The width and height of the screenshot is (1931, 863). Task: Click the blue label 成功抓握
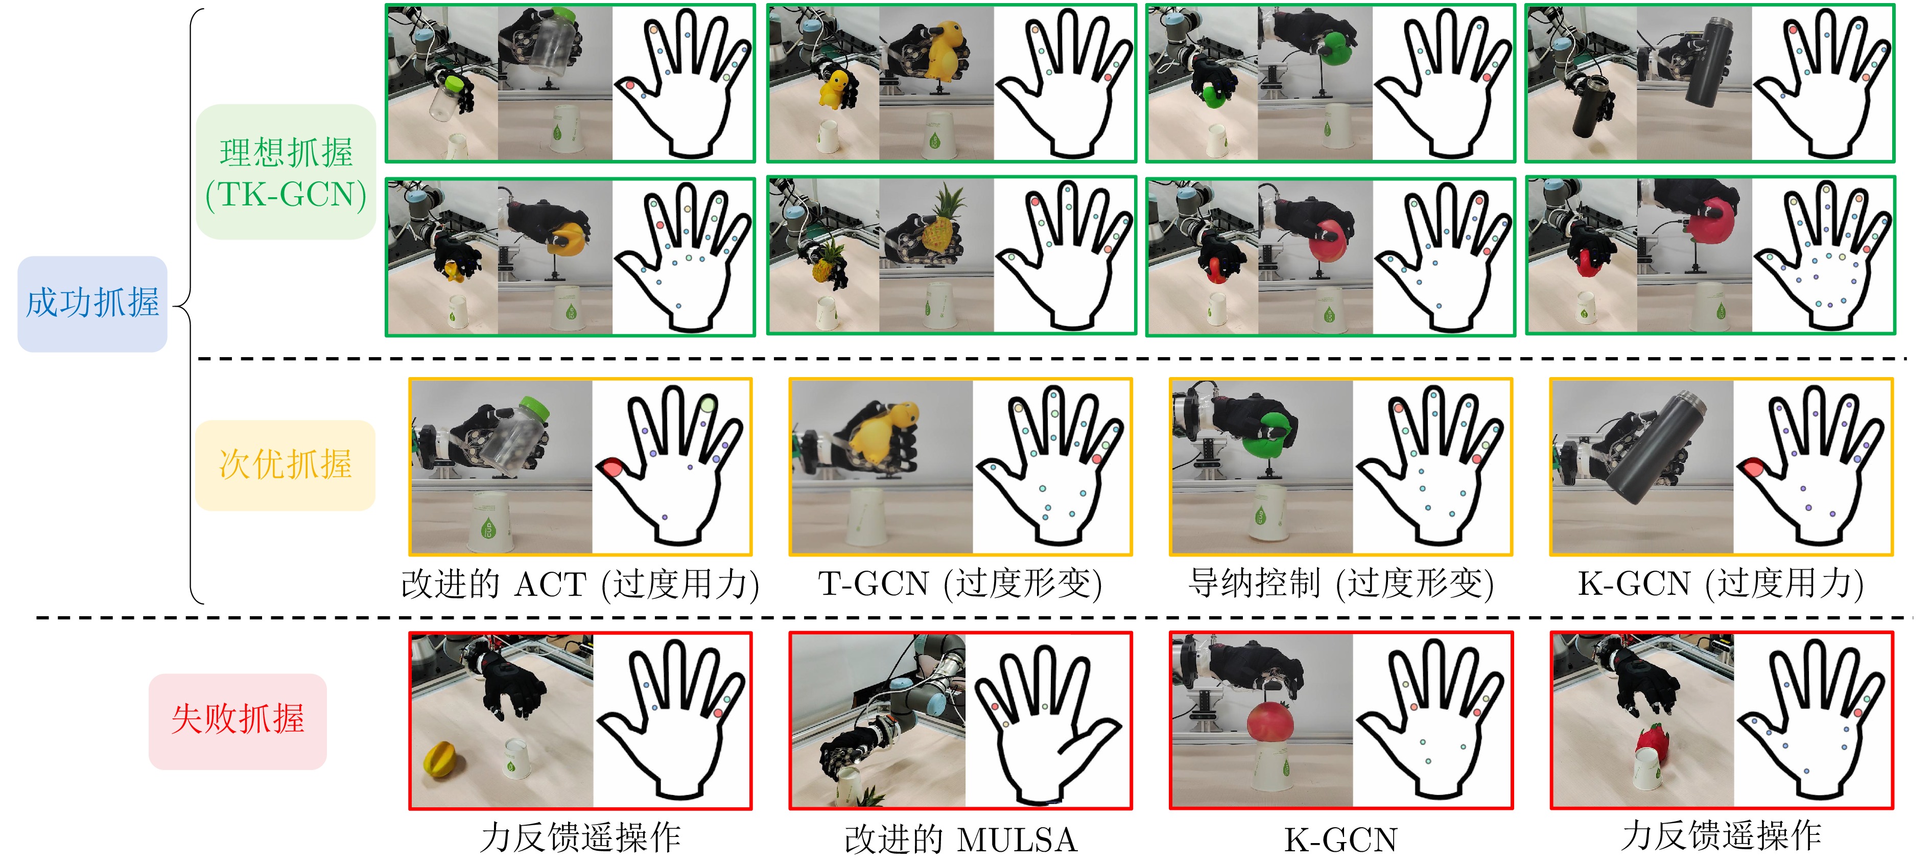pyautogui.click(x=92, y=304)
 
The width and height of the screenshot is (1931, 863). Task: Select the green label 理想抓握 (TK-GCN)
pyautogui.click(x=286, y=173)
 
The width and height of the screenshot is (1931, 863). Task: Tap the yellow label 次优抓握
pyautogui.click(x=285, y=465)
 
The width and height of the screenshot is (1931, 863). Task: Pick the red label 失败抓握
pyautogui.click(x=238, y=720)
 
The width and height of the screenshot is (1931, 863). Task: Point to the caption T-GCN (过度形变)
pyautogui.click(x=960, y=584)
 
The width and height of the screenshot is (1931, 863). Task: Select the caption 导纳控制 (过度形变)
pyautogui.click(x=1341, y=584)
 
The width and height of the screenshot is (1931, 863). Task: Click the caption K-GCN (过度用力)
pyautogui.click(x=1721, y=584)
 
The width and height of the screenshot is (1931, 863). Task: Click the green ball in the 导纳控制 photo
pyautogui.click(x=1267, y=435)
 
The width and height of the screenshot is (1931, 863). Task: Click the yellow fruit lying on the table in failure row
pyautogui.click(x=439, y=759)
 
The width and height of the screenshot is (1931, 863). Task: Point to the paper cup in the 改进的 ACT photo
pyautogui.click(x=489, y=521)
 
